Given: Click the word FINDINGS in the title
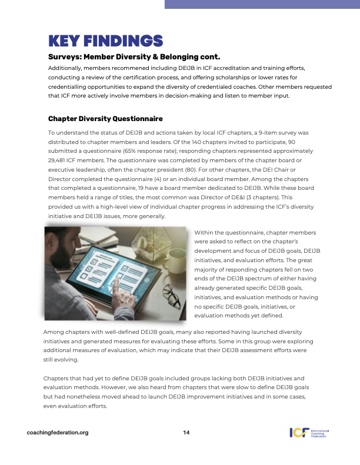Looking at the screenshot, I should (125, 41).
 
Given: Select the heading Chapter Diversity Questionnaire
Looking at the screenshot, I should (105, 119).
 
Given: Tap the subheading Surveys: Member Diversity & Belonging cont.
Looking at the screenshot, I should (134, 57).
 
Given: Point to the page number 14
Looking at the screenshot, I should (186, 433).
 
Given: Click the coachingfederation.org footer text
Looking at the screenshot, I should (58, 433).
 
